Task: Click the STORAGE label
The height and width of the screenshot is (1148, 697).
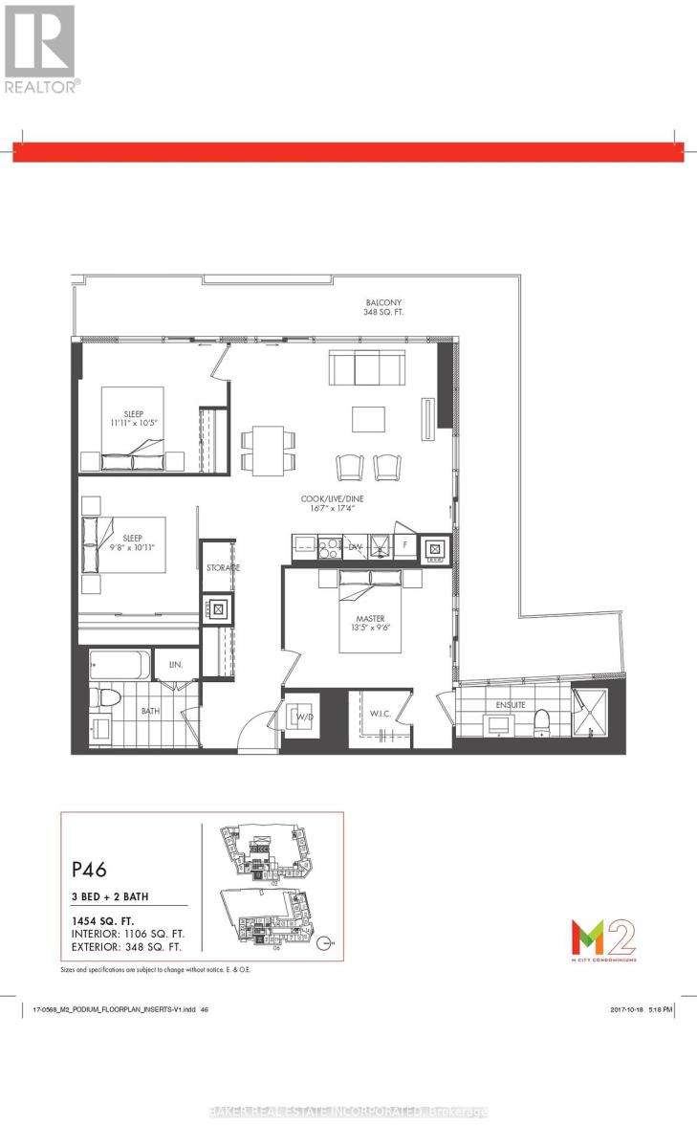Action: pyautogui.click(x=223, y=568)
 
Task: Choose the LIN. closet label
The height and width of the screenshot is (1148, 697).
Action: pyautogui.click(x=177, y=663)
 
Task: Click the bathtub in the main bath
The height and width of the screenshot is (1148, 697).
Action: pyautogui.click(x=120, y=664)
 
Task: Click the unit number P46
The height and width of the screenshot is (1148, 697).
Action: pyautogui.click(x=89, y=871)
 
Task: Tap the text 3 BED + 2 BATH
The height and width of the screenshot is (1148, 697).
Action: pyautogui.click(x=116, y=897)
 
